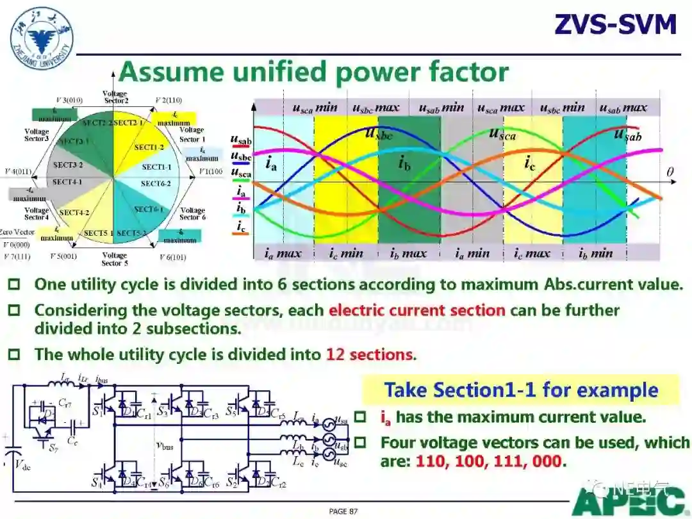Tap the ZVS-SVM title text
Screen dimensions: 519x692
pos(615,24)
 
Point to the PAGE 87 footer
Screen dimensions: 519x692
pos(343,511)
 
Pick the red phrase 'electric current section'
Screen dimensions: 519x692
pos(417,311)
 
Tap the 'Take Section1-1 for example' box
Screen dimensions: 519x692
pos(521,390)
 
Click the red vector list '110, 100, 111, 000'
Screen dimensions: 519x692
pos(490,461)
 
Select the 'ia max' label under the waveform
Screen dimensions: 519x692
pos(283,253)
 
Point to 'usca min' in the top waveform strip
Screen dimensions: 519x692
pos(315,108)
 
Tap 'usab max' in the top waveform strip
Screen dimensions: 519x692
pos(623,108)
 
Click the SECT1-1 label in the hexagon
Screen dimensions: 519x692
pos(156,167)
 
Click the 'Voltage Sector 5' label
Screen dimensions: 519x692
pos(115,259)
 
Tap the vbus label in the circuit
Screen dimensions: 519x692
pos(165,444)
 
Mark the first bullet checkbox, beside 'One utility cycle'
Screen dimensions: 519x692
pos(14,284)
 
